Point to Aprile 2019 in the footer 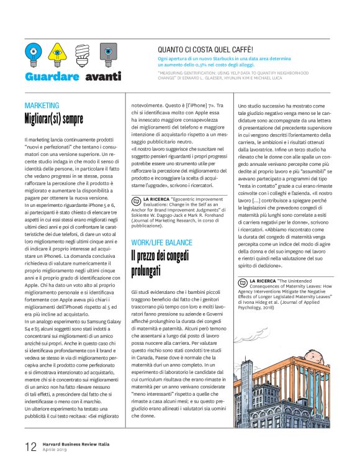pos(55,450)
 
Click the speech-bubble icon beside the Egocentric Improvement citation pos(138,201)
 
